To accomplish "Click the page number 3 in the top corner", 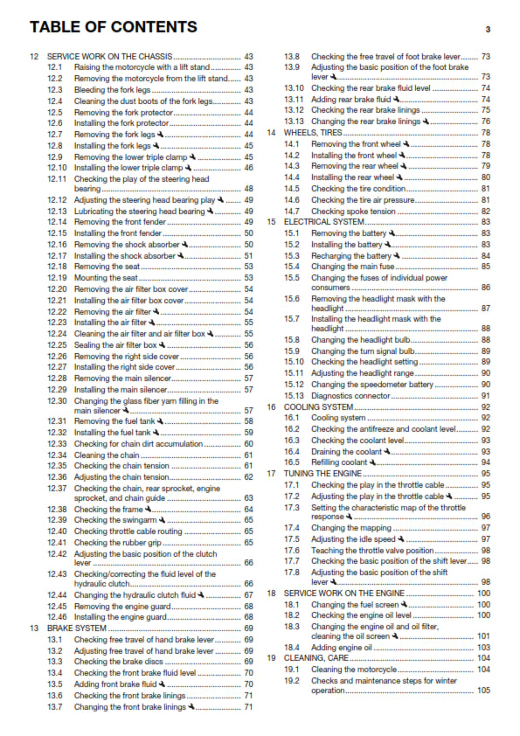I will pos(488,29).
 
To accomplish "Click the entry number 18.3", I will pos(293,625).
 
